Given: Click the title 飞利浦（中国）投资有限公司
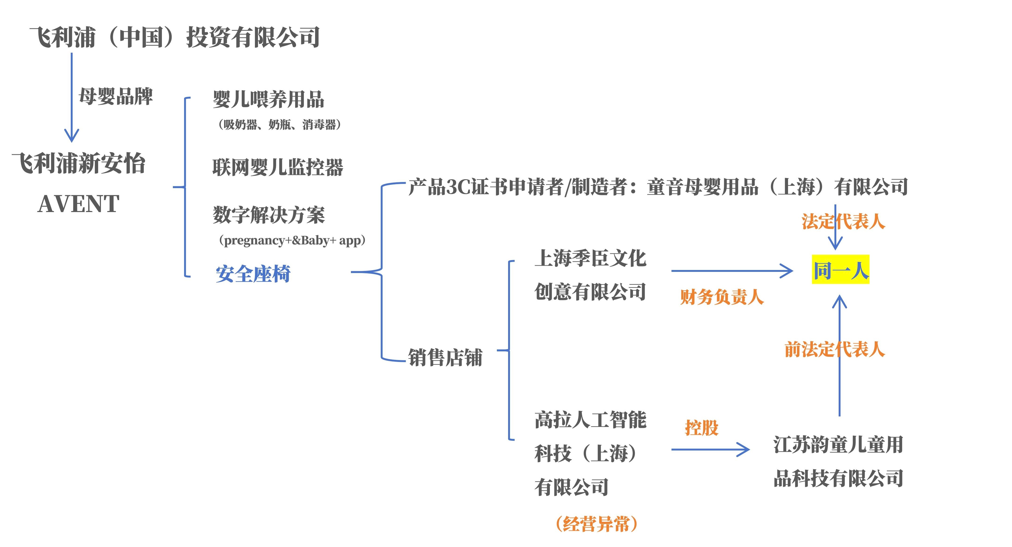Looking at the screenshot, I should point(175,37).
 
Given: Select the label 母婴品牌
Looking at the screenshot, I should point(115,96).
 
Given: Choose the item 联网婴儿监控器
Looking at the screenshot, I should point(278,167).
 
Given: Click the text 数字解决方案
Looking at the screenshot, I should point(269,215).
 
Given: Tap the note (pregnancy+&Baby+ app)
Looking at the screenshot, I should point(292,240).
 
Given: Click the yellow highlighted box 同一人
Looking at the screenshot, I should point(840,270).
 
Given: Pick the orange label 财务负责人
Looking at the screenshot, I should point(722,297).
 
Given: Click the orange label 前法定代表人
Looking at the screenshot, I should point(834,349).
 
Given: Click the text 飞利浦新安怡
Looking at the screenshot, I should point(78,163).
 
